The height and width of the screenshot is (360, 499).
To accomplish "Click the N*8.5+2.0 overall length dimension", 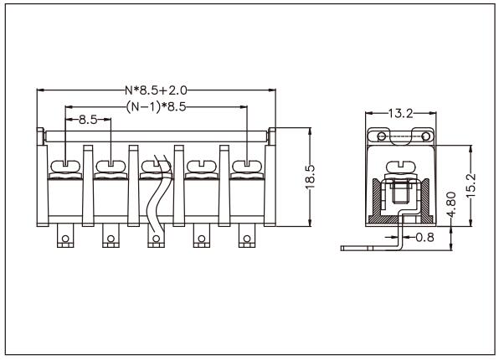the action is [x=156, y=90].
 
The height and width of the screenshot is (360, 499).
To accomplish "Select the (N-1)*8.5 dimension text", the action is [x=156, y=106].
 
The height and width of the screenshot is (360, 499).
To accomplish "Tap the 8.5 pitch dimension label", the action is [x=88, y=120].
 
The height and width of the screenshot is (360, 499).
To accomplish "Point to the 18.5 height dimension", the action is [x=310, y=177].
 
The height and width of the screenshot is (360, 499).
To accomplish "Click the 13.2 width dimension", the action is [x=400, y=113].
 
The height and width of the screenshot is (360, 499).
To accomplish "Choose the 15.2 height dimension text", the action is [x=471, y=186].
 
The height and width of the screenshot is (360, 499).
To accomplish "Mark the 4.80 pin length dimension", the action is [x=451, y=204].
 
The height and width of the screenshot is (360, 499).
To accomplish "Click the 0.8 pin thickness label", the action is [x=424, y=237].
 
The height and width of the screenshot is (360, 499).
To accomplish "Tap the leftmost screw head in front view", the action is [x=65, y=166].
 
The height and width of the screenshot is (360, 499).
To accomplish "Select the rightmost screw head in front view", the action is [x=247, y=166].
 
